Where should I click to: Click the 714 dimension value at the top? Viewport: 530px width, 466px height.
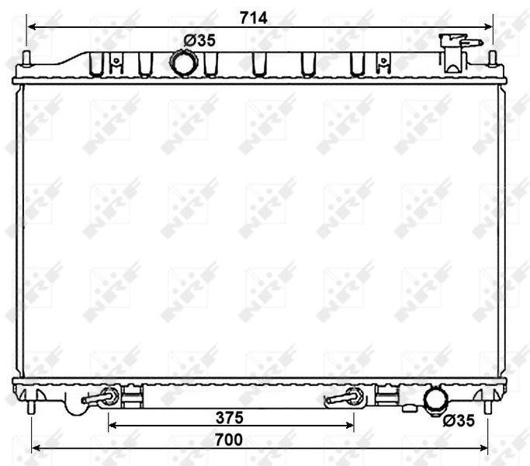click(254, 18)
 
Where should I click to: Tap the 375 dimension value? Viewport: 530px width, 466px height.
click(230, 418)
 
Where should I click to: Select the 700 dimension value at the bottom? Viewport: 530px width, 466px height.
click(229, 440)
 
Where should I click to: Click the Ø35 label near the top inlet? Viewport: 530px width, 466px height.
click(199, 40)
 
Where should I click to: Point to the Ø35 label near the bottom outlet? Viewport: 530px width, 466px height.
click(459, 421)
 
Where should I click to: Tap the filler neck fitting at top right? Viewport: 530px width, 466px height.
click(456, 53)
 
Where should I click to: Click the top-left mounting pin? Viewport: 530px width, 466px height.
click(26, 58)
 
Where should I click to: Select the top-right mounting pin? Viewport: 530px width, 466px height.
click(493, 58)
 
